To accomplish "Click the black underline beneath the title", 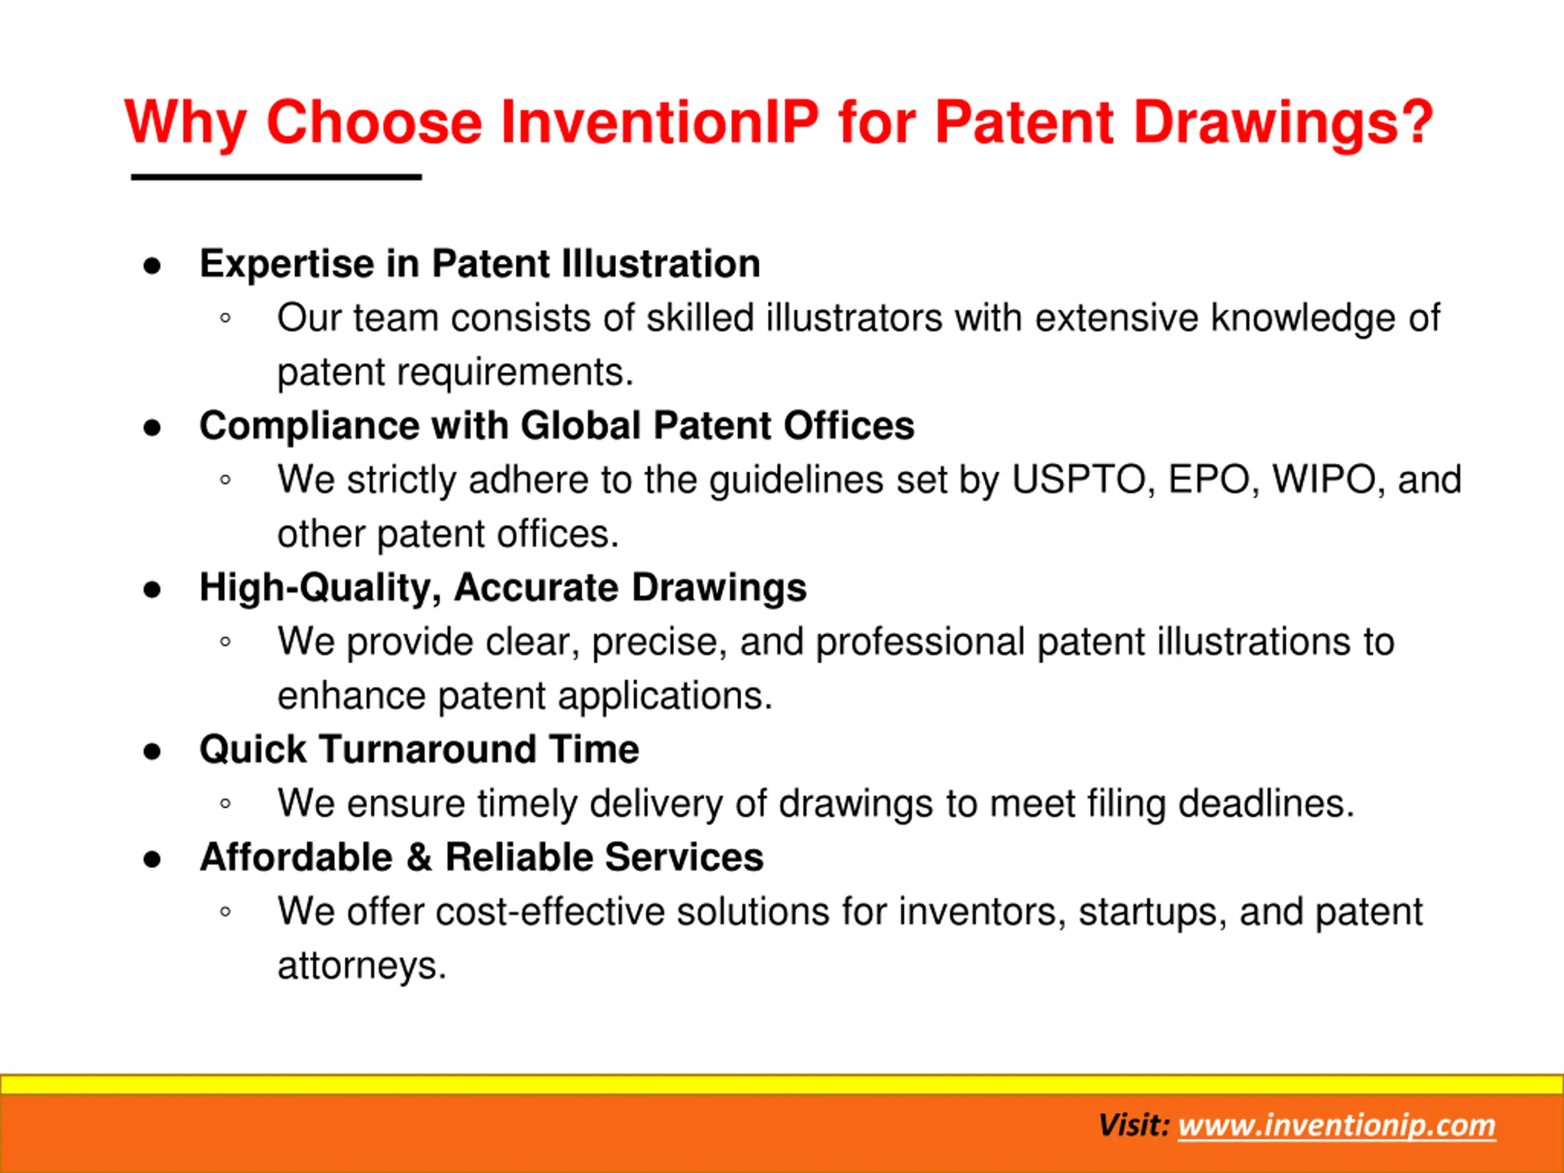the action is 277,177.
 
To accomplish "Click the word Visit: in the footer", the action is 1134,1125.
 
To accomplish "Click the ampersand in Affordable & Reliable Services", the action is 418,858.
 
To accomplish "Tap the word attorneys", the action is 361,966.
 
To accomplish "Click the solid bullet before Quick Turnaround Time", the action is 152,751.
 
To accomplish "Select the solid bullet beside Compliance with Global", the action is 152,428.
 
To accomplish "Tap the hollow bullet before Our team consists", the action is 225,318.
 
